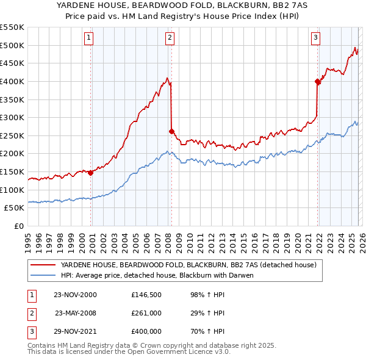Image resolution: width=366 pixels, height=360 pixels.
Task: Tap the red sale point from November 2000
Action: (x=91, y=173)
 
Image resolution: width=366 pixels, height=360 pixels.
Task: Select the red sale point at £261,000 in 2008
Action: (x=171, y=131)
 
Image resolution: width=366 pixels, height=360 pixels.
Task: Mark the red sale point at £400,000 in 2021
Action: (x=318, y=81)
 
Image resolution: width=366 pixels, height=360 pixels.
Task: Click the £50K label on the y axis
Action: (x=15, y=207)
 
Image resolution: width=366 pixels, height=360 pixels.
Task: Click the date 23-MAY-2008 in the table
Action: (x=76, y=312)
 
